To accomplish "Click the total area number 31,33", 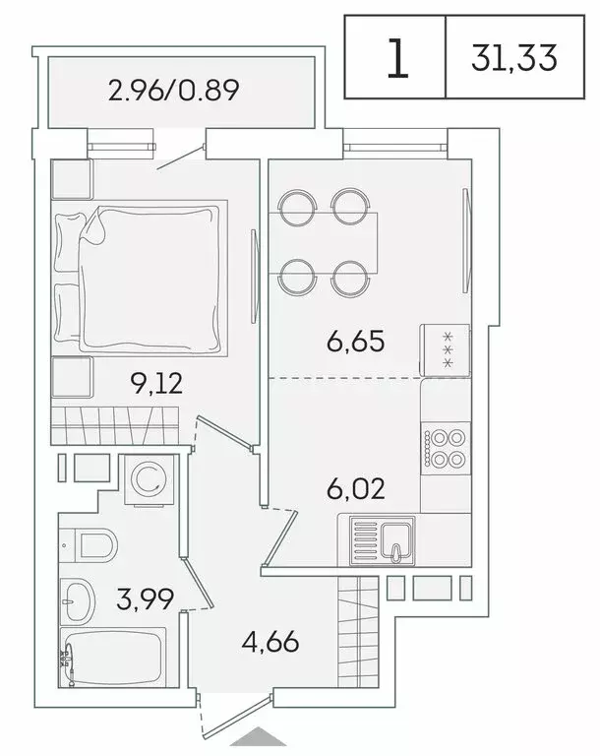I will pyautogui.click(x=514, y=58).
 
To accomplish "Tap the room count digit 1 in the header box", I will pyautogui.click(x=396, y=59).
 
